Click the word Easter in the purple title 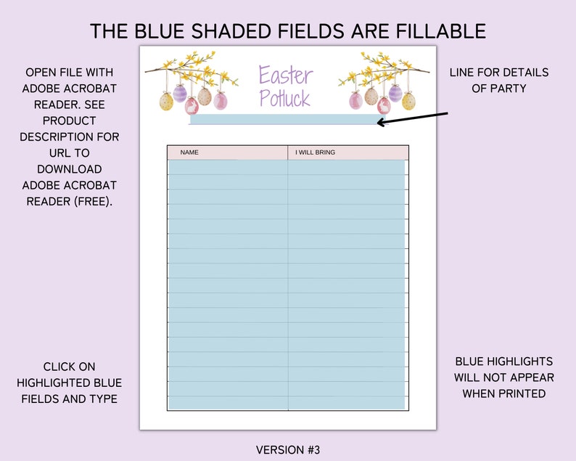pyautogui.click(x=286, y=76)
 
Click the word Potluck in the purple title pyautogui.click(x=284, y=99)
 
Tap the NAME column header pyautogui.click(x=189, y=152)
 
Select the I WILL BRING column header pyautogui.click(x=315, y=152)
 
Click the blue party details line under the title pyautogui.click(x=283, y=120)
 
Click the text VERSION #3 pyautogui.click(x=287, y=450)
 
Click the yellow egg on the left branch pyautogui.click(x=166, y=101)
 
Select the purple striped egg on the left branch pyautogui.click(x=179, y=94)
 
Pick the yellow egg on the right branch pyautogui.click(x=408, y=101)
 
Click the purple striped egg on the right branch pyautogui.click(x=395, y=93)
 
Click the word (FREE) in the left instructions pyautogui.click(x=94, y=201)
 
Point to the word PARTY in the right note pyautogui.click(x=513, y=88)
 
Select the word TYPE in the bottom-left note pyautogui.click(x=102, y=399)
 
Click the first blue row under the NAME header pyautogui.click(x=228, y=168)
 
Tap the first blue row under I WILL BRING pyautogui.click(x=346, y=168)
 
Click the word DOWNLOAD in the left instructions pyautogui.click(x=69, y=169)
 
